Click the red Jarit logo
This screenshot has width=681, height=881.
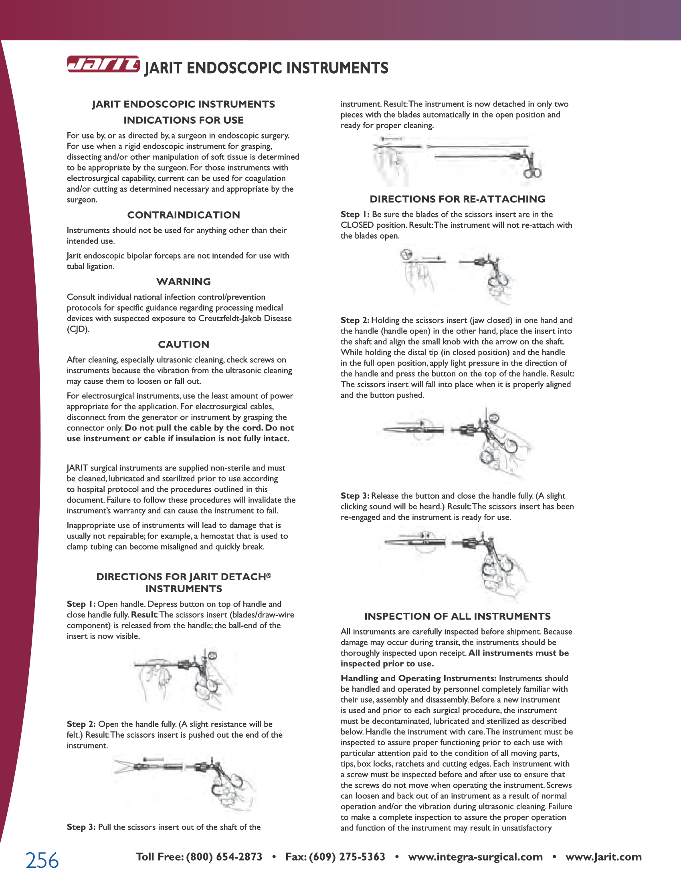click(103, 64)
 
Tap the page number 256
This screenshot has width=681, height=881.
click(42, 860)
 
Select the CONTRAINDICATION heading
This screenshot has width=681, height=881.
click(184, 215)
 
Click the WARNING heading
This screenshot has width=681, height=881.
click(184, 282)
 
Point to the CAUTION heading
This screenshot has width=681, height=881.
click(184, 344)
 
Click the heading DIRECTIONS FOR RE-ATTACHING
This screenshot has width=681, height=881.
click(457, 199)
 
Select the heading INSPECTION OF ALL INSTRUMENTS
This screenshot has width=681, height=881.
click(457, 616)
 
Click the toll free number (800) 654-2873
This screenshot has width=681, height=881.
click(224, 857)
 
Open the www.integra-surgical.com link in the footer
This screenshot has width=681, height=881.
click(475, 857)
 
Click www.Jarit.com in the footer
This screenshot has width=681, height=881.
click(604, 857)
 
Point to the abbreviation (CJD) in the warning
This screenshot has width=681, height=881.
click(78, 329)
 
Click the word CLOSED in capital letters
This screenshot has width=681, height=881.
click(357, 225)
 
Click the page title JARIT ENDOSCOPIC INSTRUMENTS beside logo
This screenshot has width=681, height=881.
click(267, 68)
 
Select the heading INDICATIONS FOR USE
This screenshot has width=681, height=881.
click(184, 120)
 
